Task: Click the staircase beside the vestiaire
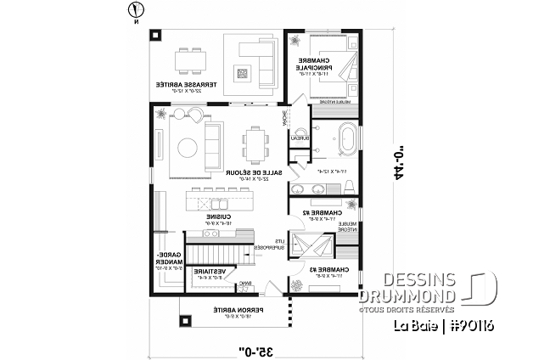tap(208, 251)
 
